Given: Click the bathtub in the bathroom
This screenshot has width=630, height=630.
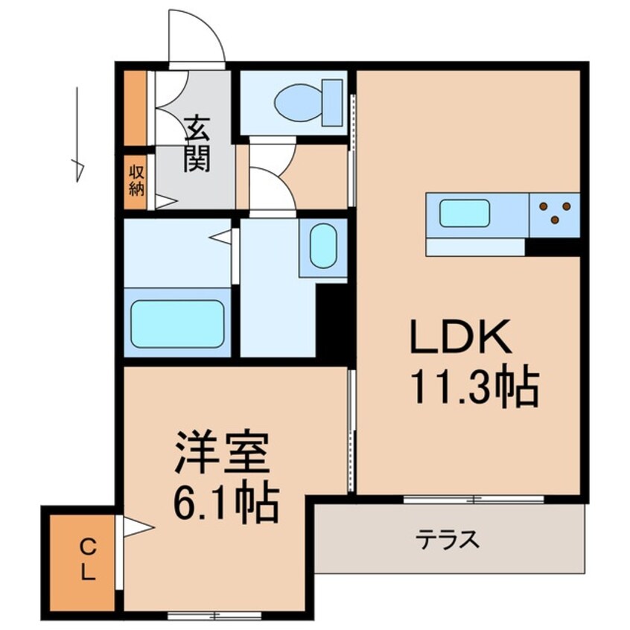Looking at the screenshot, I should coord(177,323).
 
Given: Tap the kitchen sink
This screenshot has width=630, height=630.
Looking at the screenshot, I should coord(464,213).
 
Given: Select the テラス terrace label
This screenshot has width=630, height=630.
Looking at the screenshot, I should coord(448,538).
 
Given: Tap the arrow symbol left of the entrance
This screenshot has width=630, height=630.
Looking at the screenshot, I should coord(77,134).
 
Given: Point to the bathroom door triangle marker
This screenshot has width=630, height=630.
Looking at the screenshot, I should coord(221,237).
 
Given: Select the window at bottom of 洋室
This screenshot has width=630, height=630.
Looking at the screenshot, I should coord(214,615).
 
